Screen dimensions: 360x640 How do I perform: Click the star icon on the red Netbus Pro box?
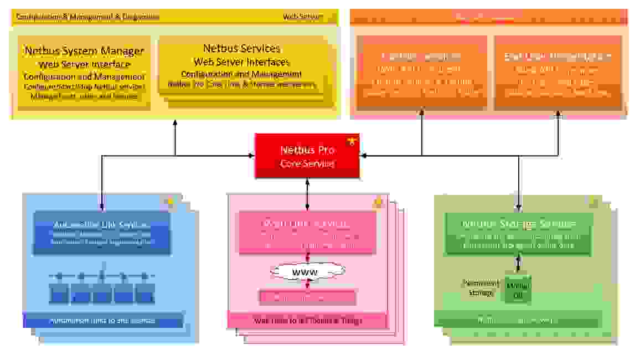pyautogui.click(x=350, y=142)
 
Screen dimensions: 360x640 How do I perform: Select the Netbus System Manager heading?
pyautogui.click(x=84, y=51)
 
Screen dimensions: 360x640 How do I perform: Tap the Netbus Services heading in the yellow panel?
pyautogui.click(x=241, y=49)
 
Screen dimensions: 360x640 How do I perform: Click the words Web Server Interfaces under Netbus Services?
pyautogui.click(x=241, y=61)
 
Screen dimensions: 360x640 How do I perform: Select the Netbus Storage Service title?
pyautogui.click(x=519, y=224)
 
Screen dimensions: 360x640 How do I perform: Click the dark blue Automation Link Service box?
pyautogui.click(x=102, y=233)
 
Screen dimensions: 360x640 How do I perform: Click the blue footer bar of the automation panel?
pyautogui.click(x=102, y=320)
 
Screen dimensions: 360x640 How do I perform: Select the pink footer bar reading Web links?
pyautogui.click(x=307, y=320)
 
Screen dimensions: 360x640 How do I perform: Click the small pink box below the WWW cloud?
pyautogui.click(x=307, y=297)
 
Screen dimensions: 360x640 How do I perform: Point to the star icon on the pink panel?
pyautogui.click(x=379, y=203)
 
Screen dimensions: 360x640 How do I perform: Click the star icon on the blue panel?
pyautogui.click(x=169, y=203)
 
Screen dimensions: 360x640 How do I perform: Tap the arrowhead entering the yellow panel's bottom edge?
pyautogui.click(x=175, y=123)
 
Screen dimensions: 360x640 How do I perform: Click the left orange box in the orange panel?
pyautogui.click(x=421, y=72)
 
